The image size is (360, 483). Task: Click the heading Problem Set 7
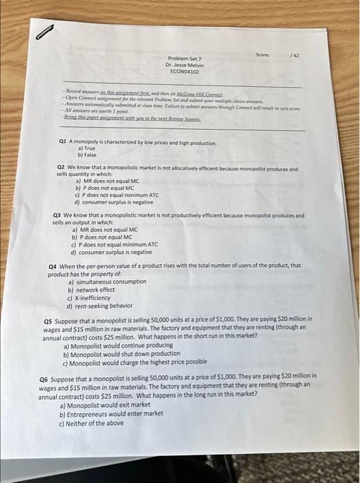pos(183,59)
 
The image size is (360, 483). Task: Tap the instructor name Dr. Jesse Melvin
pos(183,65)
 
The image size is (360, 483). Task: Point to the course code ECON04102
pos(183,70)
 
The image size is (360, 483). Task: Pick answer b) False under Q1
pos(87,154)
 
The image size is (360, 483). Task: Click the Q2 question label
pos(60,168)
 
